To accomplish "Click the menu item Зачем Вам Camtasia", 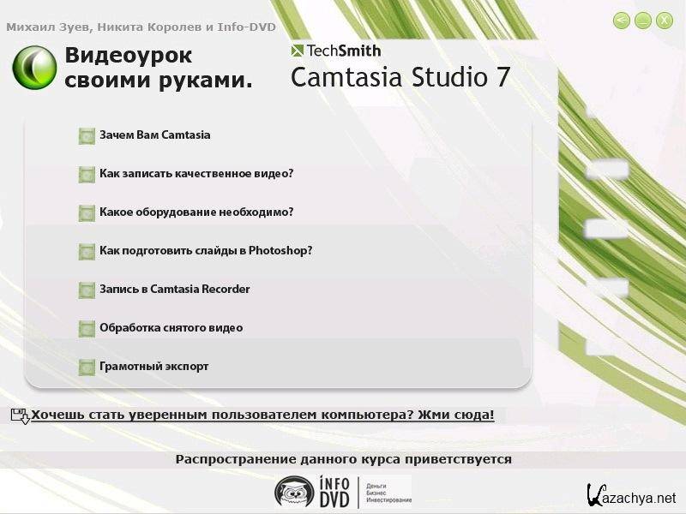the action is tap(155, 134).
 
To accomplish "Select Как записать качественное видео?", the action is tap(196, 174).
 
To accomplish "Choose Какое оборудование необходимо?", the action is tap(196, 212).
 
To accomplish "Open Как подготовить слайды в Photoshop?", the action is tap(206, 250).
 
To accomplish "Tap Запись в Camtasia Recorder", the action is tap(175, 289).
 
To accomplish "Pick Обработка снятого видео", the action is tap(171, 327).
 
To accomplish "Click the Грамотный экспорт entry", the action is tap(154, 367).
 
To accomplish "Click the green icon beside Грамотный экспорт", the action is tap(87, 368).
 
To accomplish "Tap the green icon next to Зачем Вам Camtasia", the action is tap(87, 136).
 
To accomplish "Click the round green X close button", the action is tap(664, 20).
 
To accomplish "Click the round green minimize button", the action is tap(642, 20).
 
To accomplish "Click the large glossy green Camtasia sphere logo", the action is tap(34, 68).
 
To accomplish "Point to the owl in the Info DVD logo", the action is tap(294, 492).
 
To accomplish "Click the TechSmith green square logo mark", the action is tap(297, 51).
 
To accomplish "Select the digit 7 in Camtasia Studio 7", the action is tap(502, 77).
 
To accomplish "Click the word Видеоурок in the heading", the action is tap(128, 55).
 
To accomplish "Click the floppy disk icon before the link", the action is tap(20, 415).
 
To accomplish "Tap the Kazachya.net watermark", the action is tap(631, 496).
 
